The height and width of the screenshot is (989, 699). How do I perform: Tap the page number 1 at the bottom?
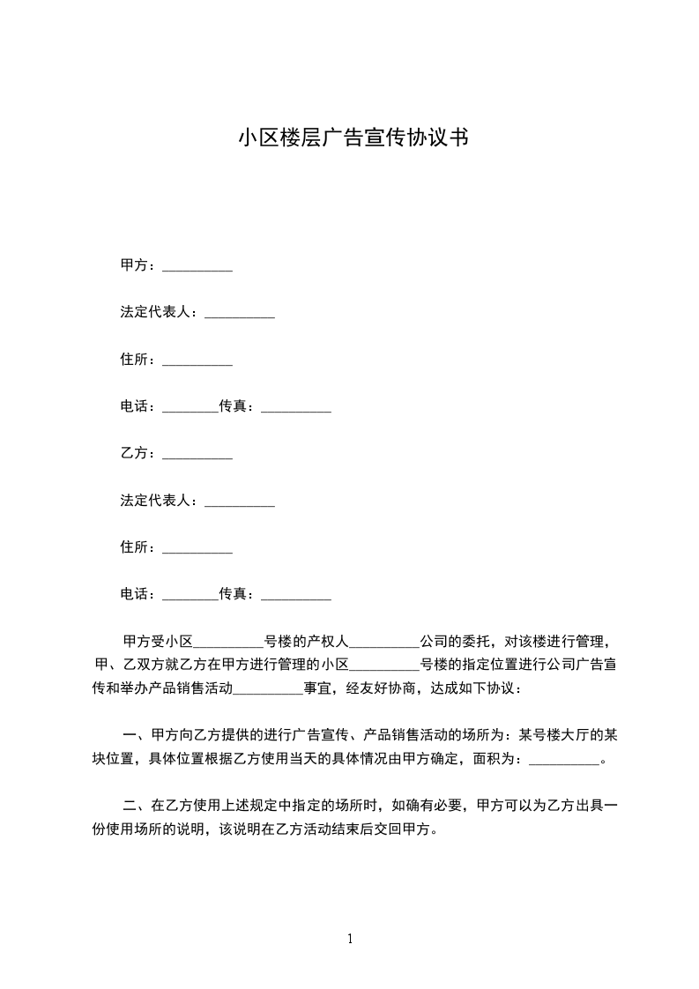pos(350,939)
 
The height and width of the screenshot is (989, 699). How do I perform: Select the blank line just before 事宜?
pos(268,688)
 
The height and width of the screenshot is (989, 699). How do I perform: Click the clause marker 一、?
pos(136,734)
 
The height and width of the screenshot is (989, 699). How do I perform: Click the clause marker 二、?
pos(136,806)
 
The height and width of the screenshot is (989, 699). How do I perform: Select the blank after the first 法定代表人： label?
pos(240,314)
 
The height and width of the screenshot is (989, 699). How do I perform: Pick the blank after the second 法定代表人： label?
pos(240,502)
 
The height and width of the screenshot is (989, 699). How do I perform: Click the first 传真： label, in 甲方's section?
pos(240,406)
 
